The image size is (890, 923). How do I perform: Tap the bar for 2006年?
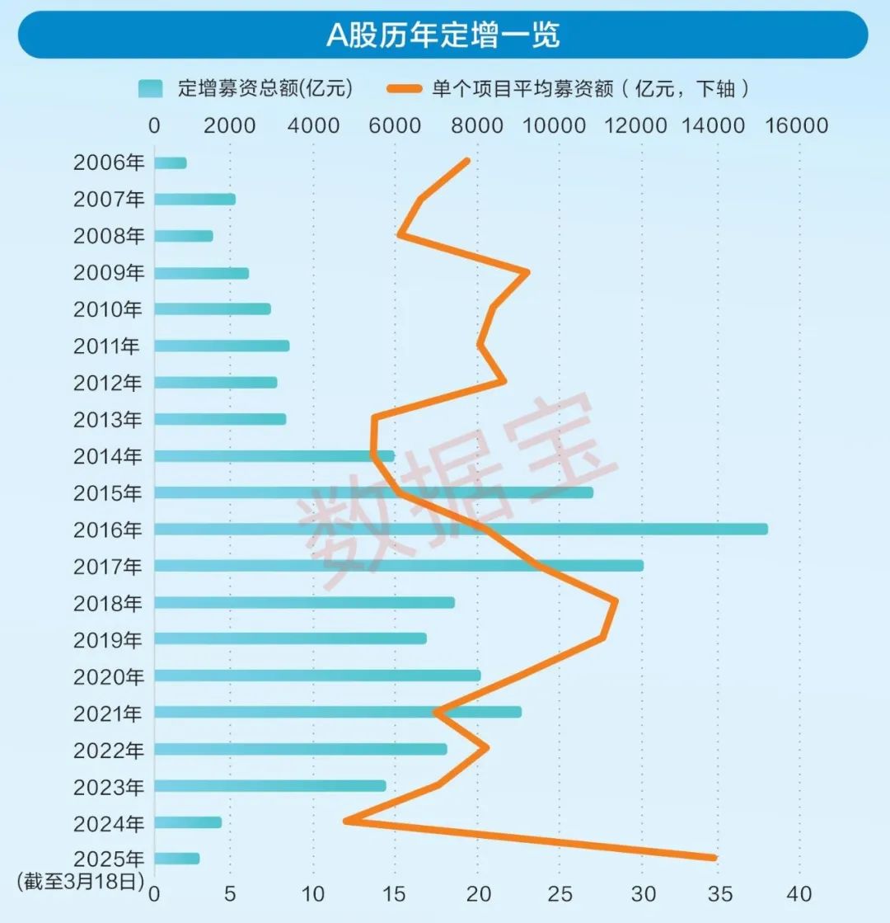(170, 163)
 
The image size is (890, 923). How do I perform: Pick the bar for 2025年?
(176, 859)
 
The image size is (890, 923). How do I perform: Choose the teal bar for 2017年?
(398, 566)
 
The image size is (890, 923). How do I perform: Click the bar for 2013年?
(219, 419)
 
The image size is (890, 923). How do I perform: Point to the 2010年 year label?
(108, 310)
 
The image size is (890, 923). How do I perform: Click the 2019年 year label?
(108, 640)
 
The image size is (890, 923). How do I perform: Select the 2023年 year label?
(108, 787)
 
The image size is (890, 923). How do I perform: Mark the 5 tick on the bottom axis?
(231, 894)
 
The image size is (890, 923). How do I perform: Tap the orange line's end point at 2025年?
(714, 858)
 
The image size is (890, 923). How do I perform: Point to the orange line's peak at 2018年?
(615, 602)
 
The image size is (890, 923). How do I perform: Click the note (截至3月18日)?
(80, 882)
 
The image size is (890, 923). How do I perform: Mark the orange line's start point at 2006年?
(467, 161)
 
